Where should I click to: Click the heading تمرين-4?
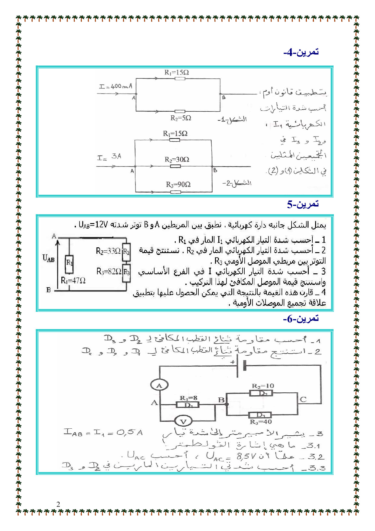[301, 52]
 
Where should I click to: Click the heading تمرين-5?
[303, 204]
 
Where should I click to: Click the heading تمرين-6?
[301, 319]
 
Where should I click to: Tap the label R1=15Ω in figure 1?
[177, 72]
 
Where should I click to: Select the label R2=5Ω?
[181, 118]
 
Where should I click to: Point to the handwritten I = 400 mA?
[116, 86]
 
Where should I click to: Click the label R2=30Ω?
[177, 160]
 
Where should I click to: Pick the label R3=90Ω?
[178, 184]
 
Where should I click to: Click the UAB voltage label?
[48, 258]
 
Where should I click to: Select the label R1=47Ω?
[73, 280]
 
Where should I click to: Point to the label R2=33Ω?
[108, 251]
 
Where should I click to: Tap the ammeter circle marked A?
[159, 385]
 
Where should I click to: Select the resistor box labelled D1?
[187, 405]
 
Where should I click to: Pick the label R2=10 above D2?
[263, 386]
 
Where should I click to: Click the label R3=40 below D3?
[261, 422]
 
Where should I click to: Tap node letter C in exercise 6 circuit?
[303, 400]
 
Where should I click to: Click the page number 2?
[58, 504]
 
